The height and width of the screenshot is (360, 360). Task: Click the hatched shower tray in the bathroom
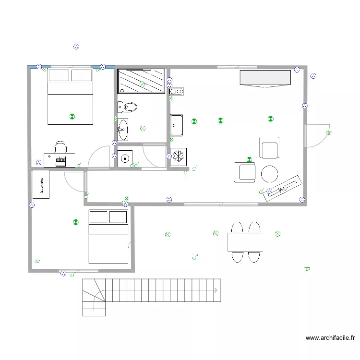click(x=142, y=81)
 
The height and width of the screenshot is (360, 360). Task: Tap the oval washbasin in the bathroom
click(x=123, y=130)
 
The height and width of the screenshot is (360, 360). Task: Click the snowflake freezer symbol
click(x=179, y=156)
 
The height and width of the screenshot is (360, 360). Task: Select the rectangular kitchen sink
click(x=176, y=125)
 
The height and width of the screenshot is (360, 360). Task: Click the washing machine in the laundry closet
click(x=125, y=157)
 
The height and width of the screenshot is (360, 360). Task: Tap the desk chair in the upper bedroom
click(x=60, y=147)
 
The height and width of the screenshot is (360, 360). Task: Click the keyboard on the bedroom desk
click(x=60, y=160)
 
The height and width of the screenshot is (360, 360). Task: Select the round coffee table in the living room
click(x=269, y=173)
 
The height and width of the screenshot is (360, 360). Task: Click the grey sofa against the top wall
click(x=265, y=79)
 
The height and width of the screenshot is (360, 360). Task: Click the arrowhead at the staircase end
click(x=217, y=290)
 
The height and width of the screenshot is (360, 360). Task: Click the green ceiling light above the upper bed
click(x=72, y=116)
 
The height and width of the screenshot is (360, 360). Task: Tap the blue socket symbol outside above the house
click(x=76, y=47)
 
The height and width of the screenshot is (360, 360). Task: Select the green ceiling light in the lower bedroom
click(x=75, y=222)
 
